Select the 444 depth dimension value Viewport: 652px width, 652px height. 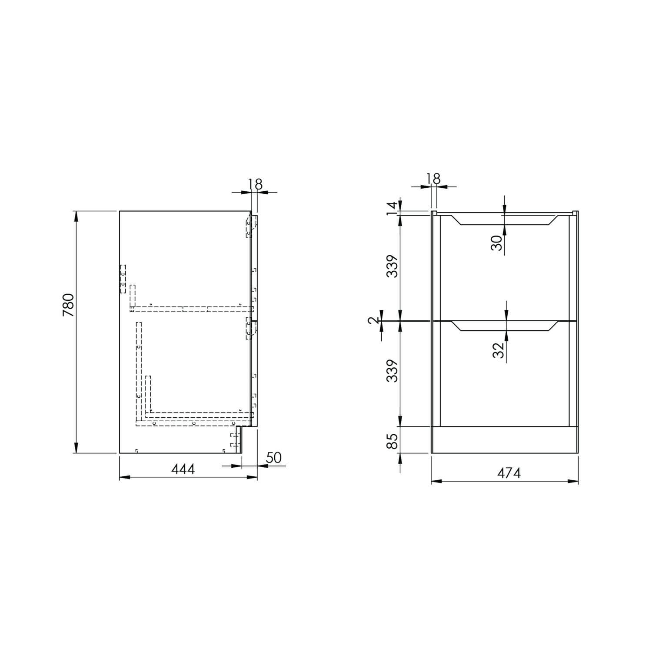(x=183, y=469)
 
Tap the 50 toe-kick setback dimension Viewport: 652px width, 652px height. (x=273, y=458)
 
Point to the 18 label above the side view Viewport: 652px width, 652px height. (x=256, y=184)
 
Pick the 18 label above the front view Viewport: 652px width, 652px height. (x=433, y=179)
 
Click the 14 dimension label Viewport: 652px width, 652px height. (x=393, y=208)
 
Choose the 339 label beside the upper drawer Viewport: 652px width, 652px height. (x=393, y=266)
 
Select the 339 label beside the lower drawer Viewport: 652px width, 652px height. (x=393, y=370)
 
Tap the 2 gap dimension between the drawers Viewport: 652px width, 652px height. (x=373, y=321)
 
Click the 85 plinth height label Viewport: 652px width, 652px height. (x=393, y=442)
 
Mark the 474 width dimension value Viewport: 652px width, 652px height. (x=509, y=473)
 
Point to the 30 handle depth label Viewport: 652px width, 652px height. (x=497, y=243)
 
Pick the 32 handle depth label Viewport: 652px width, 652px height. (x=499, y=350)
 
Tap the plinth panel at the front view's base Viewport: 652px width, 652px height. (x=505, y=440)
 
